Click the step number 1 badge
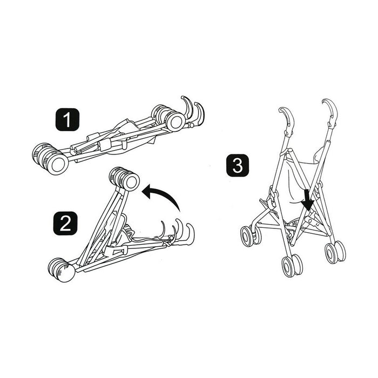[66, 120]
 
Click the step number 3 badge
[237, 166]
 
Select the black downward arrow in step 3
[308, 199]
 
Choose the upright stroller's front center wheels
[291, 265]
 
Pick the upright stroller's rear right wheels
[335, 252]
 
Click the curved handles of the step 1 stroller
[192, 110]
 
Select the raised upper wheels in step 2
[124, 179]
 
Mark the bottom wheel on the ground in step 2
[62, 269]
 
